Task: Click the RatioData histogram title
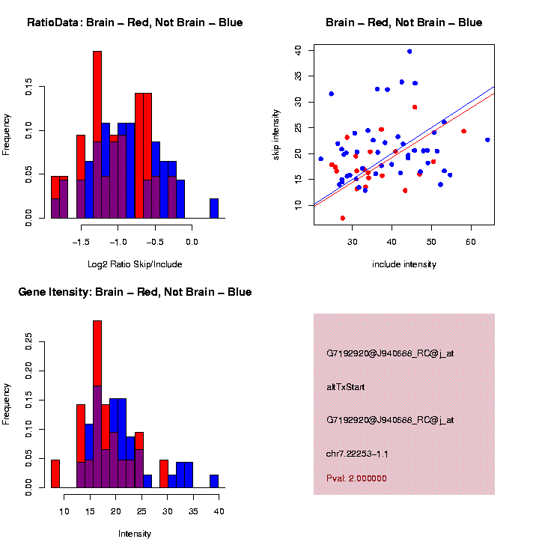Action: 135,22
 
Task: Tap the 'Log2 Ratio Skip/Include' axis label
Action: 135,264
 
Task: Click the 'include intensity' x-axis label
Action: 404,264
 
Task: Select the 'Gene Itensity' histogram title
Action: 135,292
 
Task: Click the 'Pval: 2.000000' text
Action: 357,478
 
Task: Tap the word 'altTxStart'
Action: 346,387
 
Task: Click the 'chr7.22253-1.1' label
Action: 357,454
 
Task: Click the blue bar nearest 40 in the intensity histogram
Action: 214,481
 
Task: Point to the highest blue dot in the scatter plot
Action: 409,52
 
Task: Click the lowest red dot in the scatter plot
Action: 343,218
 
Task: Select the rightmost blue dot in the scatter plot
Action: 487,140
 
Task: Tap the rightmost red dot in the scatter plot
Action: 463,131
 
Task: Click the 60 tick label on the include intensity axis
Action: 471,243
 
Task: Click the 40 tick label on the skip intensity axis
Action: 298,50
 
